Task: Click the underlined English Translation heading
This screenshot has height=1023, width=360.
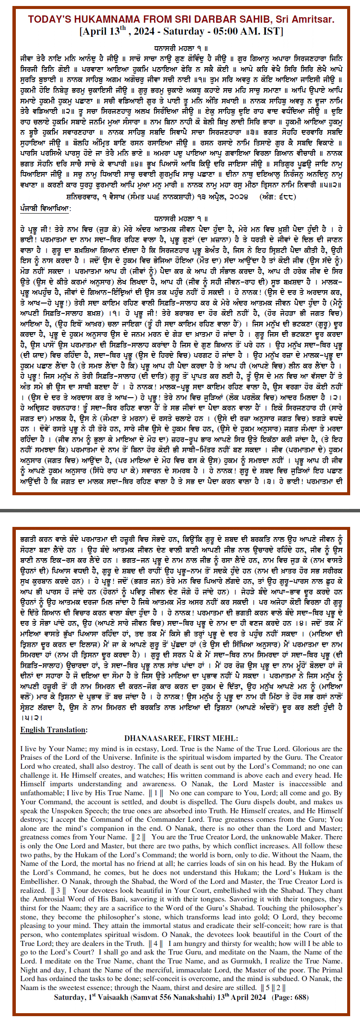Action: coord(54,730)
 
